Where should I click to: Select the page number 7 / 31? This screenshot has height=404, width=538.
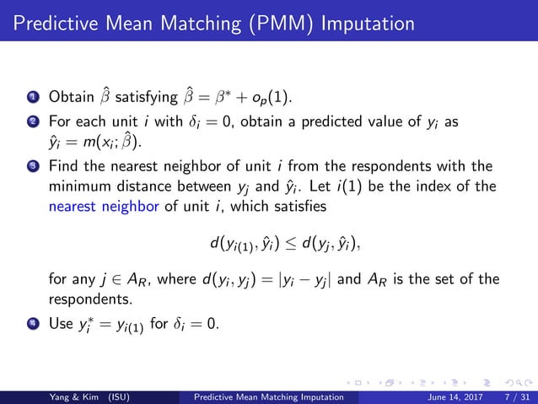[x=508, y=395]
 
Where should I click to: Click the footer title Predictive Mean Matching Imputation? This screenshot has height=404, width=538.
[x=270, y=395]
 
